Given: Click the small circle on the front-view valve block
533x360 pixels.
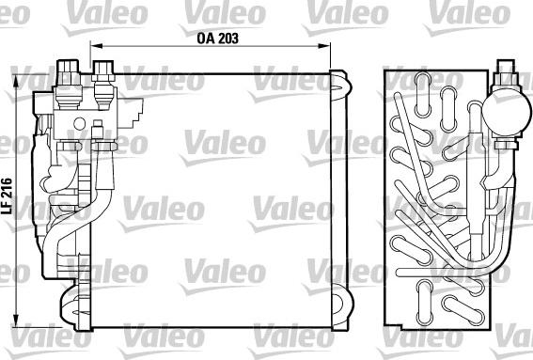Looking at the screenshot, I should [x=97, y=124].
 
